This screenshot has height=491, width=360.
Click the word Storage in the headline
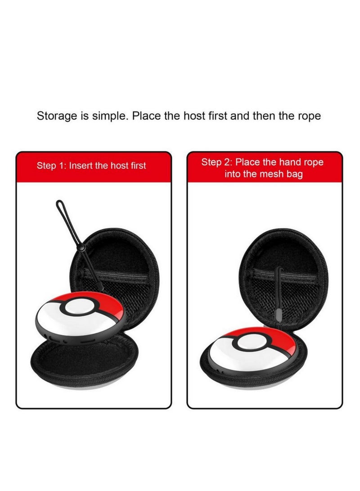(56, 116)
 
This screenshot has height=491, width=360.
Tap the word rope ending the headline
(308, 116)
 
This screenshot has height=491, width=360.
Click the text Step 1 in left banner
(52, 166)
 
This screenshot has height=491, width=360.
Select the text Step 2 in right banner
(217, 162)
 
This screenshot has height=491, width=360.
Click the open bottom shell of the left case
(79, 365)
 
